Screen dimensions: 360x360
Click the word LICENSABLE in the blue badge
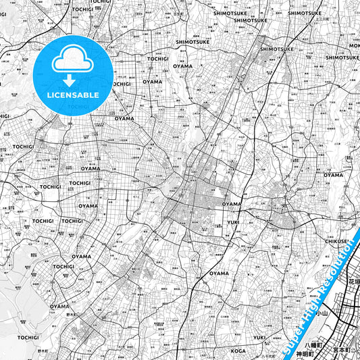[x=73, y=95]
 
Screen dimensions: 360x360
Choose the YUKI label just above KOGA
[x=260, y=337]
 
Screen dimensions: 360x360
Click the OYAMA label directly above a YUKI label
[x=232, y=203]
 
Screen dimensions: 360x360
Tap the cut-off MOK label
[x=354, y=45]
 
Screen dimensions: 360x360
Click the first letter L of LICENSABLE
[x=49, y=95]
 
